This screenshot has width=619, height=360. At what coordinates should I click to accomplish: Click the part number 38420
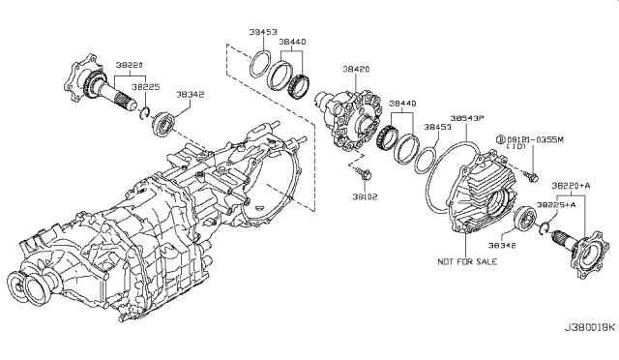point(356,71)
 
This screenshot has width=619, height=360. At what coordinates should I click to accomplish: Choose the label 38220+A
point(573,184)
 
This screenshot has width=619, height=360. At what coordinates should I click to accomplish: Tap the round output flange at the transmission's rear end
point(29,288)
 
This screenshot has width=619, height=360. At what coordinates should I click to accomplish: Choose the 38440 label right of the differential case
point(404,102)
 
